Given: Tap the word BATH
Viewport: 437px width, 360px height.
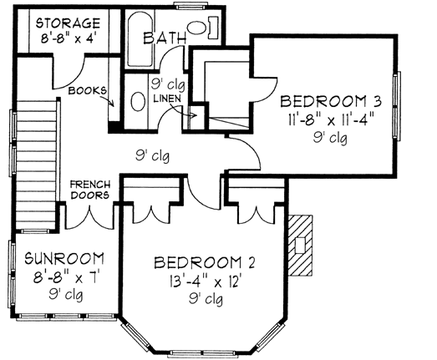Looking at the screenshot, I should pos(164,38).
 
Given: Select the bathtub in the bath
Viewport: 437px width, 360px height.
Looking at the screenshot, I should pos(138,38).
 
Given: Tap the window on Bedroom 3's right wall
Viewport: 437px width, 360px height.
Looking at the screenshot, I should pos(399,99).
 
